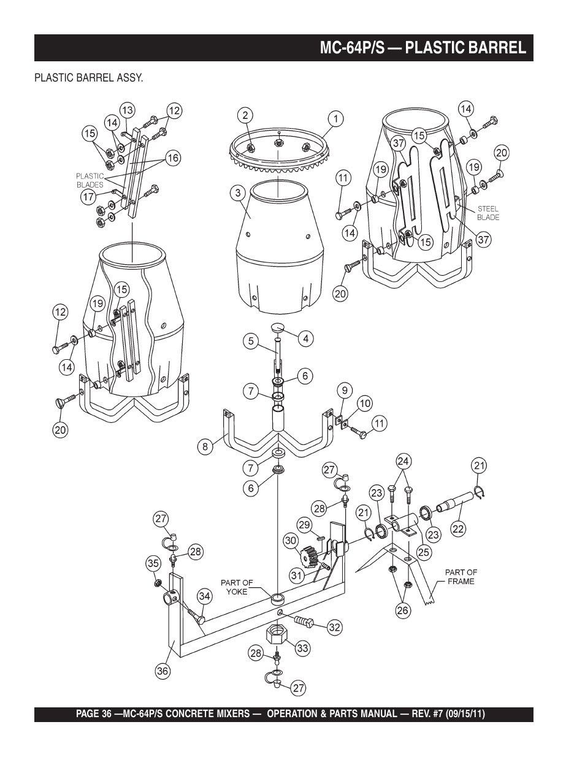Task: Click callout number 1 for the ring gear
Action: pyautogui.click(x=336, y=119)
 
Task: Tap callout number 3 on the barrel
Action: pyautogui.click(x=238, y=193)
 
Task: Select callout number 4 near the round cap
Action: pyautogui.click(x=305, y=338)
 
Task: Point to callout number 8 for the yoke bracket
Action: pyautogui.click(x=205, y=446)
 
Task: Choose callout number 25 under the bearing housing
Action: pyautogui.click(x=424, y=552)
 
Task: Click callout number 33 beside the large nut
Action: pyautogui.click(x=303, y=649)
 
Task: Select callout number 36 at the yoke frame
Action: pyautogui.click(x=162, y=671)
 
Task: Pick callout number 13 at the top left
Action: pyautogui.click(x=127, y=110)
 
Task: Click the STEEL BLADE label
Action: pyautogui.click(x=487, y=213)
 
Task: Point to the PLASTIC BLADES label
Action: pyautogui.click(x=90, y=180)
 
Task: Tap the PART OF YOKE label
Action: pyautogui.click(x=237, y=587)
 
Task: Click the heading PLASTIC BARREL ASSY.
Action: pyautogui.click(x=88, y=78)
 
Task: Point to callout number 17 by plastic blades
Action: pyautogui.click(x=88, y=197)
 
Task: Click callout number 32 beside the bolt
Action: pyautogui.click(x=334, y=628)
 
